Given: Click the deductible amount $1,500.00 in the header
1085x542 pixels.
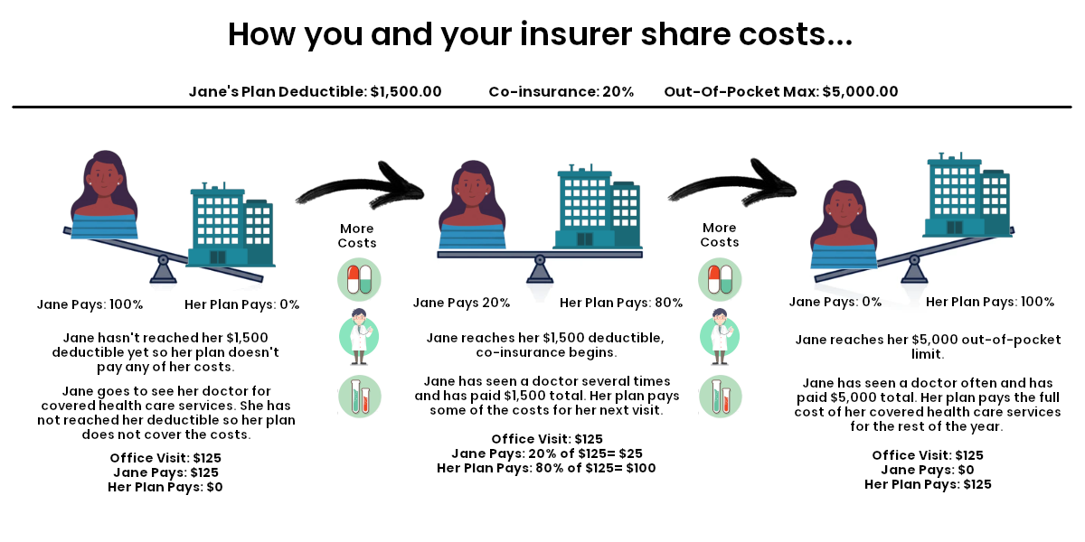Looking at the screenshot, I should click(x=406, y=91).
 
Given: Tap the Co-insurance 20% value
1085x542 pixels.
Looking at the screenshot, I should click(x=618, y=91).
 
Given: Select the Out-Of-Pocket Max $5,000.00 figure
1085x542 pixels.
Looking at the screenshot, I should click(x=860, y=91).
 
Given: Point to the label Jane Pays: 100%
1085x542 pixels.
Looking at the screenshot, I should click(x=90, y=304).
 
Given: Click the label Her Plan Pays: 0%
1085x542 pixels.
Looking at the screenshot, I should click(x=241, y=304).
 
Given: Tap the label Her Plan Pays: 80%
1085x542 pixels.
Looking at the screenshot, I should click(x=621, y=303).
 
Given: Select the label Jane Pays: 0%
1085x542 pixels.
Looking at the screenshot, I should click(x=835, y=302).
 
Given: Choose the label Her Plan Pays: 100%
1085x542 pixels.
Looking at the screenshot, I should click(x=990, y=302).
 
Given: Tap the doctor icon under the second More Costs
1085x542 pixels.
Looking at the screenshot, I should click(x=720, y=336).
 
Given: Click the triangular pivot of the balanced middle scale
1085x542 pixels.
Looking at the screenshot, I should click(x=540, y=268).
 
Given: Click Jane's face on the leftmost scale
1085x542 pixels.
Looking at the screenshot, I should click(x=108, y=182).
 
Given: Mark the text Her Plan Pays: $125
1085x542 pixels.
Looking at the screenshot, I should click(x=928, y=484).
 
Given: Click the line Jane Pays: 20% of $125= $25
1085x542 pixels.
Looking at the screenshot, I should click(x=546, y=453).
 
